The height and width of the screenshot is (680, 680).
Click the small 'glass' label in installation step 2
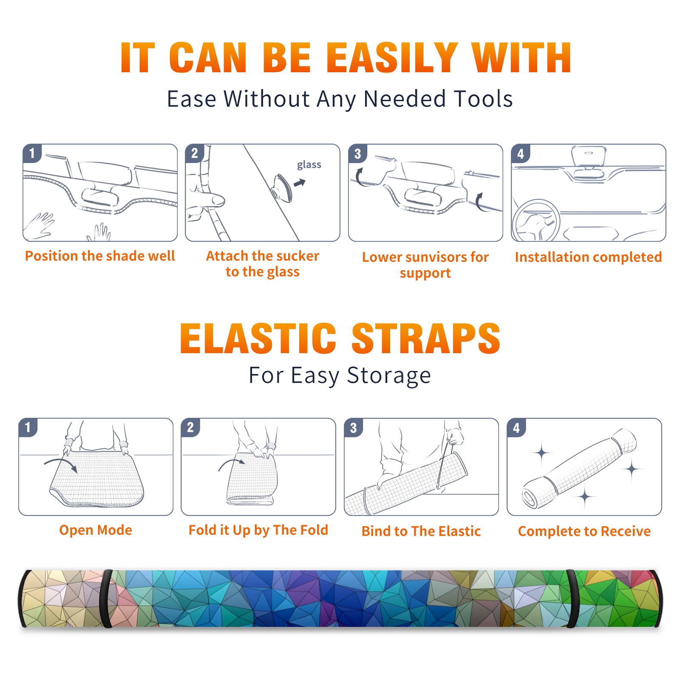click(x=309, y=165)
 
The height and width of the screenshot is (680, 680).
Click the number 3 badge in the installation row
click(x=357, y=154)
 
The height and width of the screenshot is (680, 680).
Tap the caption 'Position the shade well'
click(x=100, y=256)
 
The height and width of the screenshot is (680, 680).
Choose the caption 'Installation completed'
click(x=588, y=257)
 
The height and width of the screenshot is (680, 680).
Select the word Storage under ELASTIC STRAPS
click(x=389, y=376)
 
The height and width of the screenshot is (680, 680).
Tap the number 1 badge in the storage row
click(x=28, y=428)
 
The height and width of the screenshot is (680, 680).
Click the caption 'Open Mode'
click(x=96, y=530)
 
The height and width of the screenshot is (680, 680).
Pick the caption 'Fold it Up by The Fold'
click(x=258, y=530)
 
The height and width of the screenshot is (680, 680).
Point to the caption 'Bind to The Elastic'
click(x=421, y=531)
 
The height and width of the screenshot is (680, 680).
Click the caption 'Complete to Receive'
click(x=584, y=531)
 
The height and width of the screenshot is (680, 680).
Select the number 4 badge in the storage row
click(x=516, y=428)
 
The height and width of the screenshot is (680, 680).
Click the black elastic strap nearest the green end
click(x=572, y=598)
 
